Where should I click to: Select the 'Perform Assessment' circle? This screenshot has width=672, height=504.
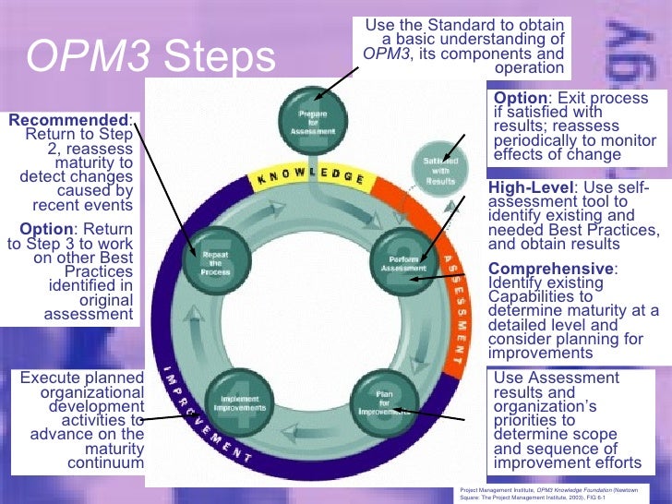[x=401, y=260]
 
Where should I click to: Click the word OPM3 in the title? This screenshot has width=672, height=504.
[x=83, y=57]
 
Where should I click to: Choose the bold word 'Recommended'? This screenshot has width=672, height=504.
[x=69, y=120]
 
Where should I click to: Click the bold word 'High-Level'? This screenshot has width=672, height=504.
[x=530, y=188]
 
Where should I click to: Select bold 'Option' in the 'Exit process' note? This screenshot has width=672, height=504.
[x=520, y=99]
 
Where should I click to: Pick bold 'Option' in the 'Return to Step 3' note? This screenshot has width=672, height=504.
[x=45, y=229]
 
